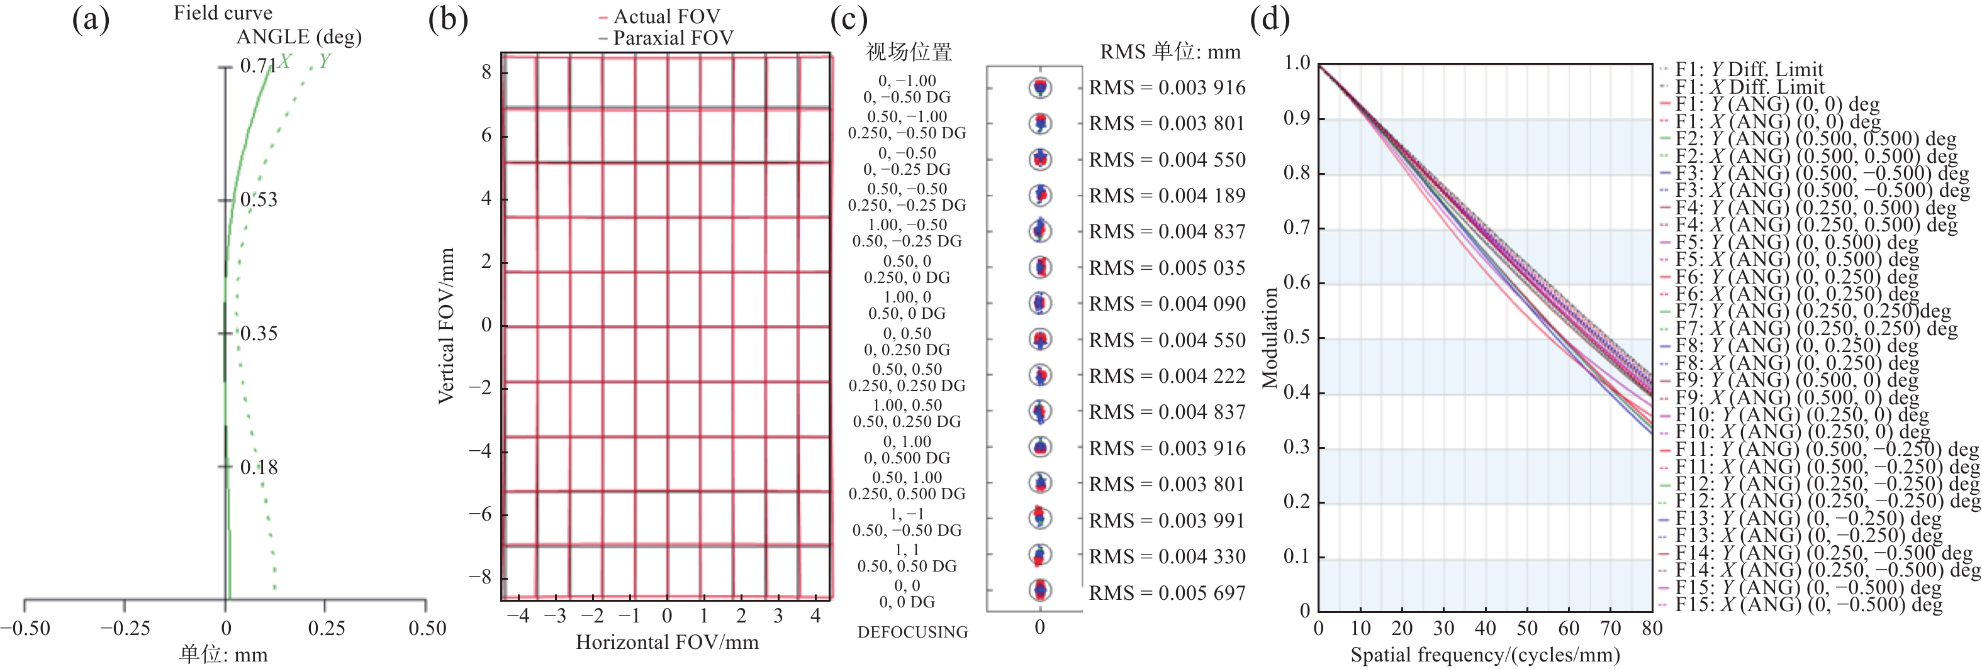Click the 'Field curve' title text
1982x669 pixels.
222,13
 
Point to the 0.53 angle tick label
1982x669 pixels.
259,200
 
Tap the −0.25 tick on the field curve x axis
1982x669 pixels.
124,628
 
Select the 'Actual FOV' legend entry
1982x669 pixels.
666,16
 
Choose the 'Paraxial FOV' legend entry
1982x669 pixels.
672,38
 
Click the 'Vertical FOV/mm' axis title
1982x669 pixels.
446,325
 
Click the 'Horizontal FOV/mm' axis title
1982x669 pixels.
667,642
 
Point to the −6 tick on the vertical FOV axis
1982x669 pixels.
480,514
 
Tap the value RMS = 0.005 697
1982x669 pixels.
1167,593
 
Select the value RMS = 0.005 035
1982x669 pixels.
1167,268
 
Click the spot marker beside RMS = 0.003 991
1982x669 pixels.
1040,518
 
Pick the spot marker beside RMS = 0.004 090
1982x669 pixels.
1040,303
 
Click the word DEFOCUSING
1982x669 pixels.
912,632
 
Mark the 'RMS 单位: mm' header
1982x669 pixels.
1170,52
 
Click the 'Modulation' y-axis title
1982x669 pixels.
1270,338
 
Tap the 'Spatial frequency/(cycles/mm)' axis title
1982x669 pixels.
1485,655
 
